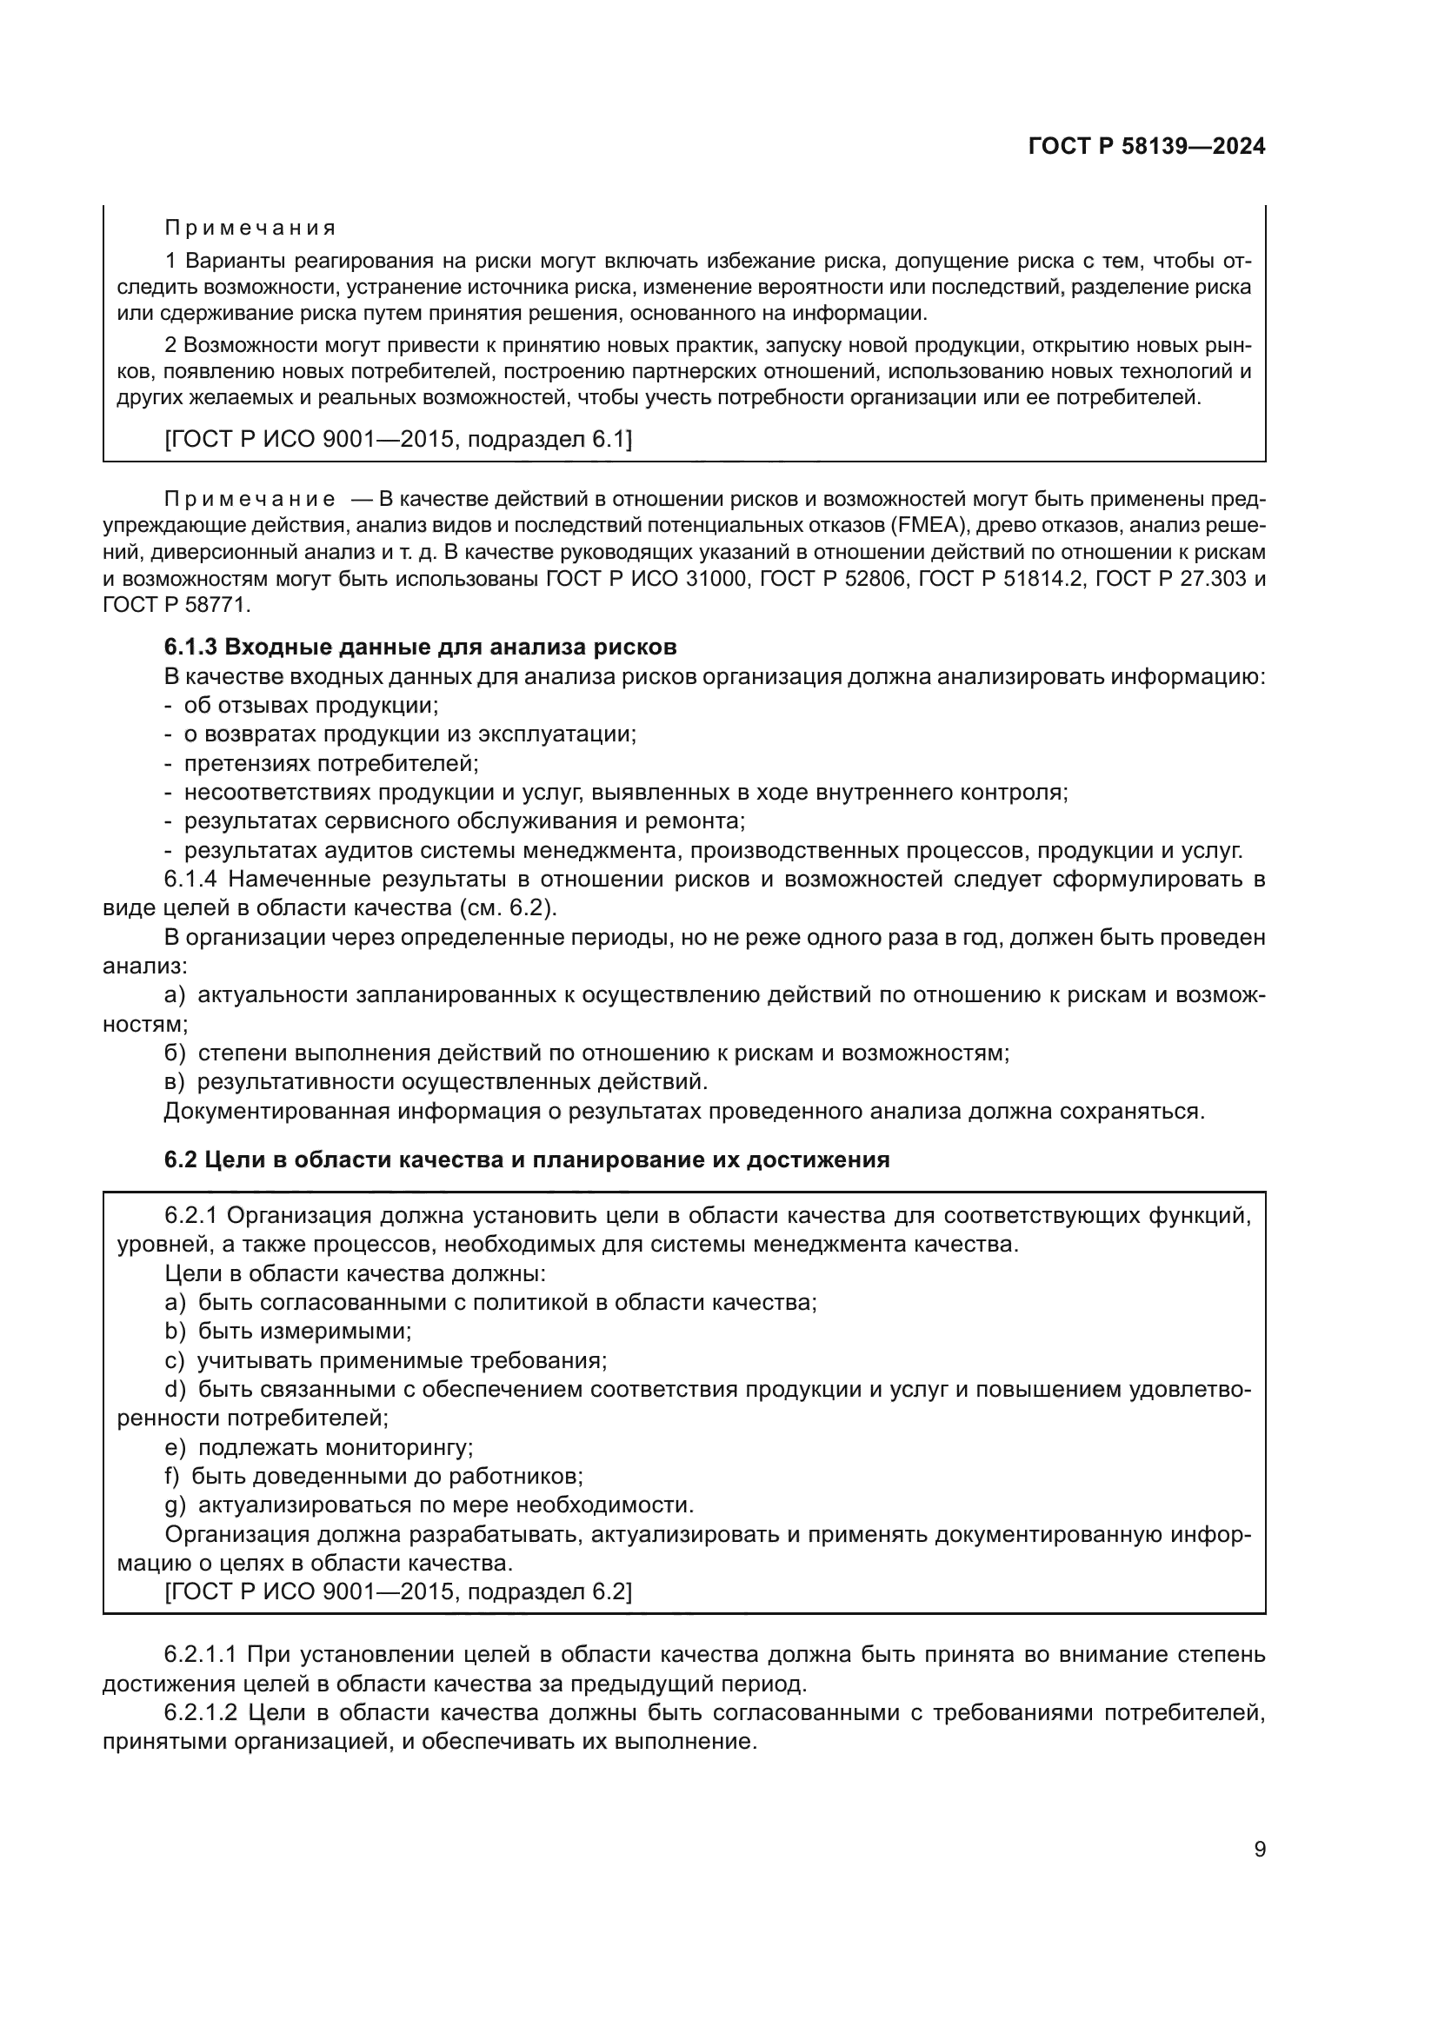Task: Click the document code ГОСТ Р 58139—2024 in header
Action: [x=1146, y=147]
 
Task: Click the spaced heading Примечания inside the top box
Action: [x=250, y=229]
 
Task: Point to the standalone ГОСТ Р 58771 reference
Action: [x=176, y=606]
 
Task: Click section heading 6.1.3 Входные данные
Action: [x=420, y=647]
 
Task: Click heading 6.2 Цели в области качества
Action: [x=526, y=1159]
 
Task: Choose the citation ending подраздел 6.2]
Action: [x=398, y=1591]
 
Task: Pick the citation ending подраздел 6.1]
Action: [x=398, y=439]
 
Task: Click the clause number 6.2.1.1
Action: [x=200, y=1654]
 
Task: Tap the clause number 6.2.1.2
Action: [x=200, y=1711]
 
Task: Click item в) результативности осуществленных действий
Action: [x=436, y=1082]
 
